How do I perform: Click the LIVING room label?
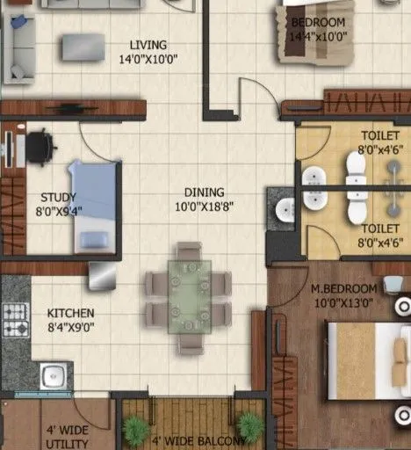click(148, 45)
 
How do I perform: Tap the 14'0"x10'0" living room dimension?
click(148, 60)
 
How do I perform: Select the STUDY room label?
click(58, 198)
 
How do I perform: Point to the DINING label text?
click(204, 192)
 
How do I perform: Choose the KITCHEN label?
click(70, 313)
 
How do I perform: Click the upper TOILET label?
click(379, 136)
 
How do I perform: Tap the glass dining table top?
click(190, 295)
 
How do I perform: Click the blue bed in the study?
click(93, 206)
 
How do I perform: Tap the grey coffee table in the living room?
click(82, 46)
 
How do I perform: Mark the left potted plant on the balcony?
click(135, 428)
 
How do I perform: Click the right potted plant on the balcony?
click(250, 427)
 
